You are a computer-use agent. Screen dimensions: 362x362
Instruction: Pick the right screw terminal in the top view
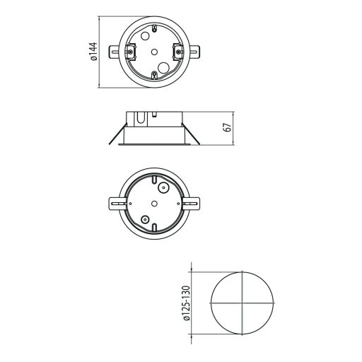[x=177, y=50]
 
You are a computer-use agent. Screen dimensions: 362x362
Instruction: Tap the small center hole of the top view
[x=153, y=51]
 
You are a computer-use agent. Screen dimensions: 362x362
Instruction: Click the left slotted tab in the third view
[x=114, y=203]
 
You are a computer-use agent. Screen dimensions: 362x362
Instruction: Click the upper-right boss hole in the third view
[x=163, y=188]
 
